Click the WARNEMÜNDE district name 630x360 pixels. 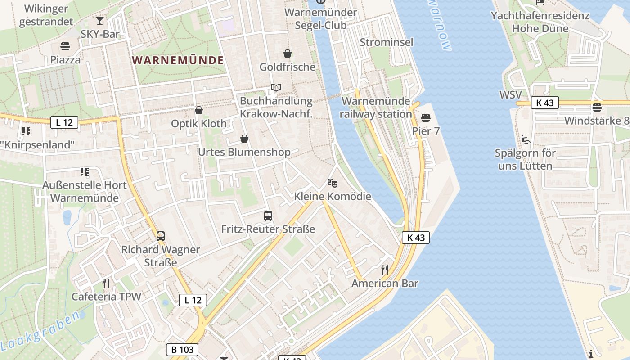(x=178, y=60)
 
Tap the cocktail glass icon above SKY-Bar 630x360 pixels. (x=100, y=21)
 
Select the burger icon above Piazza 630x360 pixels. (x=65, y=46)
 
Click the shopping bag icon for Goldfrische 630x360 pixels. (x=287, y=54)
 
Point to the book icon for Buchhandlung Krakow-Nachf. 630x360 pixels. (x=276, y=87)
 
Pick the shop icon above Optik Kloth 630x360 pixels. (x=199, y=110)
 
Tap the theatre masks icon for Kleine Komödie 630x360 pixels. (x=333, y=183)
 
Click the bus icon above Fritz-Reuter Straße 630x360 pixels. (x=268, y=216)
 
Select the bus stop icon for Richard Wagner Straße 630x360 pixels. (x=161, y=236)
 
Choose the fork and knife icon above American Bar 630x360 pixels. (x=385, y=270)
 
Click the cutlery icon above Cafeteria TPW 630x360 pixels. (x=106, y=283)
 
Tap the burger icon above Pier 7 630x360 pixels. (x=426, y=118)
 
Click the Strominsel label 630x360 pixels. (x=387, y=42)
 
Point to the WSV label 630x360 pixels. (x=510, y=95)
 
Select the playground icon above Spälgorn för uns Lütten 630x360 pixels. (x=525, y=139)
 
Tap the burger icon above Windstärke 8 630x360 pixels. (x=597, y=108)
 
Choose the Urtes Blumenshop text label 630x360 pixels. (x=244, y=153)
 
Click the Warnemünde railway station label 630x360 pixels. (x=376, y=108)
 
